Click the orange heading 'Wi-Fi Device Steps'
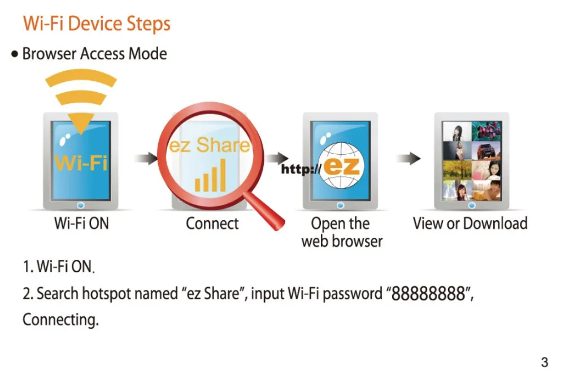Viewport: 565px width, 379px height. (97, 24)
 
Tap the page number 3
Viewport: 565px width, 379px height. (545, 362)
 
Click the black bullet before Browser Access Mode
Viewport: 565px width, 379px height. (15, 54)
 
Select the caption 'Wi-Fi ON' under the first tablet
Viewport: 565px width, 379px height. (81, 223)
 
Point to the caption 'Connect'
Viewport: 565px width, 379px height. (212, 223)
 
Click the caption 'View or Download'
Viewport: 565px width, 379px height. (470, 223)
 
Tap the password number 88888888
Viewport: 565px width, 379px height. (428, 294)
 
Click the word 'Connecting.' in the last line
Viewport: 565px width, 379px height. (60, 320)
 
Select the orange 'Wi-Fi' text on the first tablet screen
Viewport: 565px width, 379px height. (81, 163)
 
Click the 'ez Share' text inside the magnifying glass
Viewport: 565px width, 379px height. (210, 145)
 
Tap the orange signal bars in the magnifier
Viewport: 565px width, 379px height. (210, 176)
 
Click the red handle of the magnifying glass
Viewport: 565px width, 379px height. (264, 211)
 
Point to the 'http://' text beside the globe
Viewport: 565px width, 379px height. (301, 169)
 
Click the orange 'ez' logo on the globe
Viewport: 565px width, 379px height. (342, 167)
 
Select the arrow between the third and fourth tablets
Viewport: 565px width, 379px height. (408, 158)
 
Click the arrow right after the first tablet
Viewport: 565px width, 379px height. (146, 158)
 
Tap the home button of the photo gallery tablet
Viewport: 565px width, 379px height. (472, 206)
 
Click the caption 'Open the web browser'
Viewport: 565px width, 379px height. (342, 232)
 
